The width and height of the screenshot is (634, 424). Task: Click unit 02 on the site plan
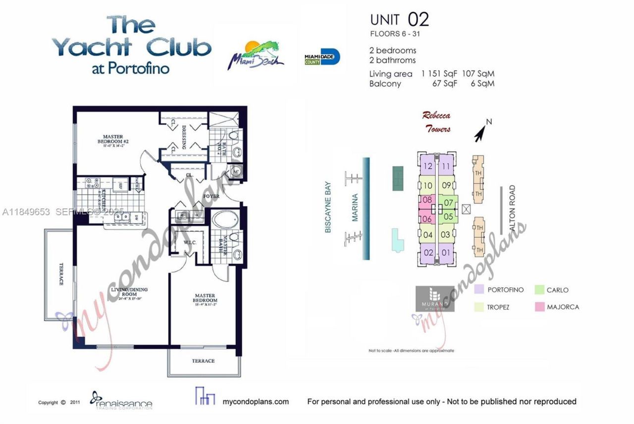click(x=428, y=253)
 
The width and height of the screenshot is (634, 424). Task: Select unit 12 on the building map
click(x=428, y=166)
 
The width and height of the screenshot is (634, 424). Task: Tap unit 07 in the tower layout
click(x=448, y=202)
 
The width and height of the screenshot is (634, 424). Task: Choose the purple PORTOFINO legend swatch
click(x=478, y=290)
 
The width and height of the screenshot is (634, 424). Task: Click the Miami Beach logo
click(x=256, y=54)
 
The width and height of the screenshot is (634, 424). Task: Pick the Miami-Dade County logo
click(x=322, y=57)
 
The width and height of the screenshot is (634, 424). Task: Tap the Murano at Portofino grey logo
click(x=435, y=298)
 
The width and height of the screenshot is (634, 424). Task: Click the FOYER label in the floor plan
click(x=211, y=196)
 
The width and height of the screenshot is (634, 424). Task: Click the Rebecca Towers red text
click(x=436, y=122)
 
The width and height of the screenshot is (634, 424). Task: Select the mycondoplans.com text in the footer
click(x=256, y=401)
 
